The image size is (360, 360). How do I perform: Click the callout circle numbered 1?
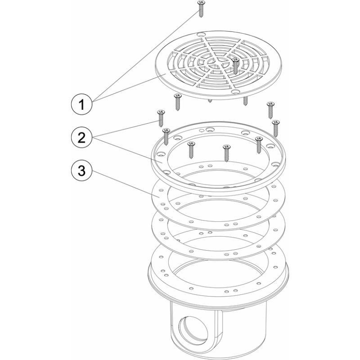81,104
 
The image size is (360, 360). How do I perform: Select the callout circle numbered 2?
81,138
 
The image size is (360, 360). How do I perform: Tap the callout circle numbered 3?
81,171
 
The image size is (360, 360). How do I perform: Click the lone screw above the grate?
201,9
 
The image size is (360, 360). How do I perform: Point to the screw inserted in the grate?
235,66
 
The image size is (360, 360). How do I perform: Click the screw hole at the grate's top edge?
201,35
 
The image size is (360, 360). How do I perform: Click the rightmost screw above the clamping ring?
275,128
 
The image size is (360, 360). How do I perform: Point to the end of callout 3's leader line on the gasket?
158,196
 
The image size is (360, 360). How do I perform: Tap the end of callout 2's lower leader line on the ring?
162,162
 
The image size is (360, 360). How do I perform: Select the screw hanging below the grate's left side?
177,102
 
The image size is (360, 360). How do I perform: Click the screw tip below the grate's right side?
245,101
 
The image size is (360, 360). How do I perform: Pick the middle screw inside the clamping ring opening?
226,153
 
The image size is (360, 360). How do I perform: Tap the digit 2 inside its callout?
81,138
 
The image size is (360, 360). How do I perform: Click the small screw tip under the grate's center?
210,101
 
